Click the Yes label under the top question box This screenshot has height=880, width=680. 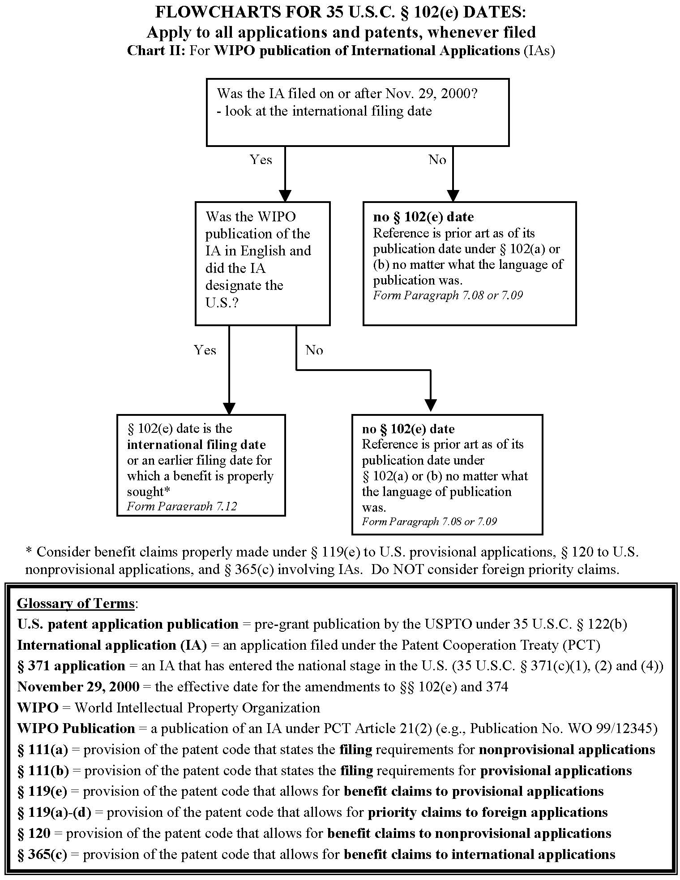261,160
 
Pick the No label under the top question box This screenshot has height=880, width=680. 437,160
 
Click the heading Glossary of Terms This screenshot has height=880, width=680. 76,603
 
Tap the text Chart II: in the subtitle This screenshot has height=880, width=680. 156,50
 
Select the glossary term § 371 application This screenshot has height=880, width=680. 71,666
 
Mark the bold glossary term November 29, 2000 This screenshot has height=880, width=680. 78,687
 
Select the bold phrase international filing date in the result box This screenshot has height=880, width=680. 197,444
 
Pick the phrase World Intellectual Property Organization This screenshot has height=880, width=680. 197,708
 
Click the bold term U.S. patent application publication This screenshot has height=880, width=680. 128,624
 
